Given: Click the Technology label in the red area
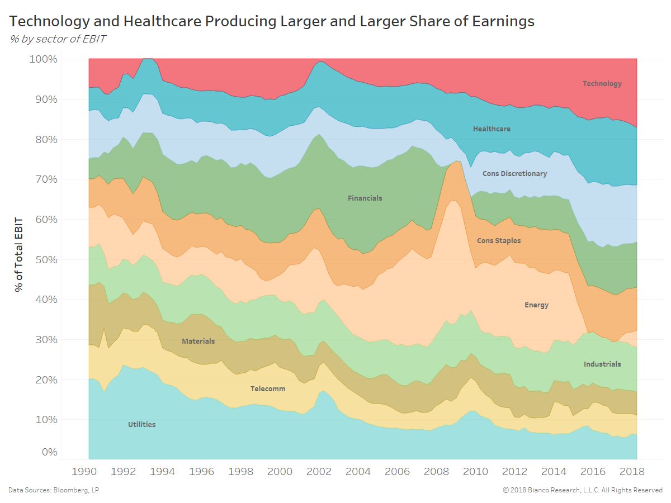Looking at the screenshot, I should [602, 84].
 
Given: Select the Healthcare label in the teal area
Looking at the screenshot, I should [492, 129].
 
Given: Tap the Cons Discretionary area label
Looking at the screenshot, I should [514, 174].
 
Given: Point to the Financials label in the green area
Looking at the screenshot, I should [365, 198].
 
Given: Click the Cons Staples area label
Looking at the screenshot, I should [499, 241].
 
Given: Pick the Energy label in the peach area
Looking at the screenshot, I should [536, 305].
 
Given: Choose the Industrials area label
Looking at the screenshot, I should [602, 364].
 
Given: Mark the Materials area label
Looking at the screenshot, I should [198, 341].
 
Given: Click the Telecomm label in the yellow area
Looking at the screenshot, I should [268, 389].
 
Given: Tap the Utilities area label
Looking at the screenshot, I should [141, 425].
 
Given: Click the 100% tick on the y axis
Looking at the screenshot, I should [42, 59].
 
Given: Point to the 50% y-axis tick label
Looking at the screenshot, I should [45, 259].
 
